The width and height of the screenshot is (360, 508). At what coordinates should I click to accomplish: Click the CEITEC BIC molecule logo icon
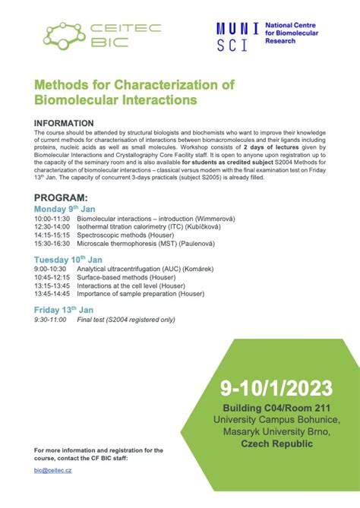[63, 34]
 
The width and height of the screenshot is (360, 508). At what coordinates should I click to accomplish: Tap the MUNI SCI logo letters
[237, 36]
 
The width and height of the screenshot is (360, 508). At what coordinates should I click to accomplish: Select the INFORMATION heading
[65, 123]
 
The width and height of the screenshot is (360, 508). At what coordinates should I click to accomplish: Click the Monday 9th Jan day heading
[64, 208]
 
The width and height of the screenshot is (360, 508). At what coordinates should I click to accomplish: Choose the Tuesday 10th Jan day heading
[67, 260]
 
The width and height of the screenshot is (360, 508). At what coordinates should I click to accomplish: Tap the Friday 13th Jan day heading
[64, 310]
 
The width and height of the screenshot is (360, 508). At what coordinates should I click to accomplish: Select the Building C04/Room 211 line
[276, 409]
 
